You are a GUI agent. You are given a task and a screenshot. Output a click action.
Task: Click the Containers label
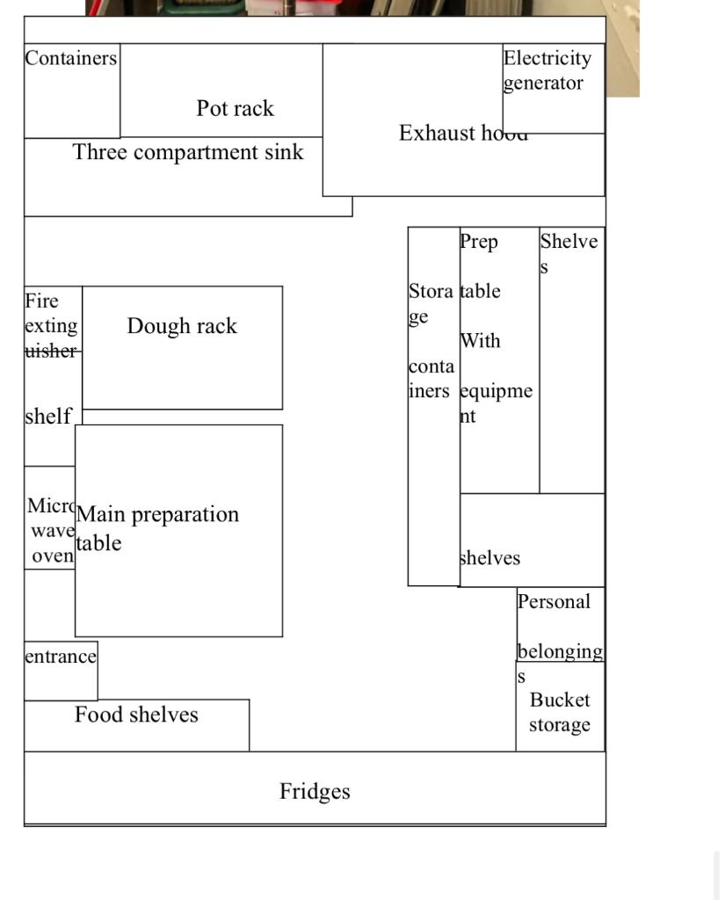70,59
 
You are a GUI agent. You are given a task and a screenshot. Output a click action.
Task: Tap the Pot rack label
235,109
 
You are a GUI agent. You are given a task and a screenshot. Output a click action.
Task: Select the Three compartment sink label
188,153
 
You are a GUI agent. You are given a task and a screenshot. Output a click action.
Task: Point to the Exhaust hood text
463,134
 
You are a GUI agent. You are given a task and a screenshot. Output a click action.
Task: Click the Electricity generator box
553,88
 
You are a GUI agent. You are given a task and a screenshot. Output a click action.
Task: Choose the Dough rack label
182,326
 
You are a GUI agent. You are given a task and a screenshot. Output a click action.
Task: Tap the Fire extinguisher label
51,326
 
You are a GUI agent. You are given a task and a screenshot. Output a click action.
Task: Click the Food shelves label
136,715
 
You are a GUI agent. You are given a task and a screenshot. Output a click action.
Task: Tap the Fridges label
315,791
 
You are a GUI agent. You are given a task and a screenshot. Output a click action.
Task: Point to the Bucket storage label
560,712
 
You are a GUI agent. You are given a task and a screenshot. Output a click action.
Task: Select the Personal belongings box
560,626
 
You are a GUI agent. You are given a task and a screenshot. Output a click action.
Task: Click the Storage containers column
432,404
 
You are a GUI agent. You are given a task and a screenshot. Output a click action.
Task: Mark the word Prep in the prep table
479,242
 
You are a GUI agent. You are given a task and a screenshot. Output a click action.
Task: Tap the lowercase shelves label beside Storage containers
489,558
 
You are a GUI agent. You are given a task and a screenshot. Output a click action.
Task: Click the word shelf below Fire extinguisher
47,416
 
